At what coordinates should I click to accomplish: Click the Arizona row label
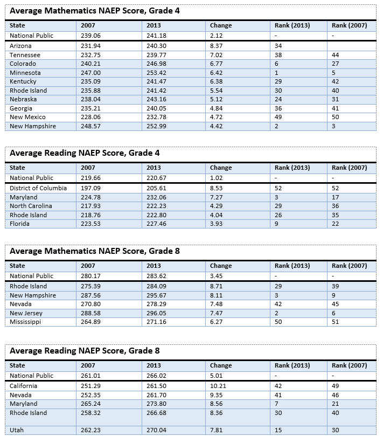tap(20, 46)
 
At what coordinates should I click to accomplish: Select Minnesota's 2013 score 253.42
tap(156, 73)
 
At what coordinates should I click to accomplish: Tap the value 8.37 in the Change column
tap(216, 46)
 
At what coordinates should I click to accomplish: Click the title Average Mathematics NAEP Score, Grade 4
tap(95, 11)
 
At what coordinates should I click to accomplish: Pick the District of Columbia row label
tap(38, 188)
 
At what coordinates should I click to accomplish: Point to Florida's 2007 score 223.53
tap(90, 224)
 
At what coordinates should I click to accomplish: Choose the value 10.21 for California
tap(218, 386)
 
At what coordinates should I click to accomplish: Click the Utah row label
tap(17, 430)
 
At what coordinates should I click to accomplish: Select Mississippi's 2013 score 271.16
tap(156, 322)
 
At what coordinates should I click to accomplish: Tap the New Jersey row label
tap(26, 313)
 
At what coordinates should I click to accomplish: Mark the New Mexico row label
tap(27, 117)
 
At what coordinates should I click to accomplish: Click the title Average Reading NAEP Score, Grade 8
tap(85, 351)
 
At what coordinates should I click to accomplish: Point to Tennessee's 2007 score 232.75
tap(90, 55)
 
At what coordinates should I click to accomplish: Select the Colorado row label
tap(23, 64)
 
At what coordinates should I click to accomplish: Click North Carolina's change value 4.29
tap(216, 206)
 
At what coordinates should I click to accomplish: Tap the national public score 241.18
tap(156, 36)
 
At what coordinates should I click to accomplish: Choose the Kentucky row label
tap(23, 81)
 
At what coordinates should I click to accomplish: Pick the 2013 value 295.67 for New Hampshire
tap(156, 295)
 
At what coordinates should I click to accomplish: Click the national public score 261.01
tap(90, 376)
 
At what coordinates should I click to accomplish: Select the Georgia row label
tap(21, 108)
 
